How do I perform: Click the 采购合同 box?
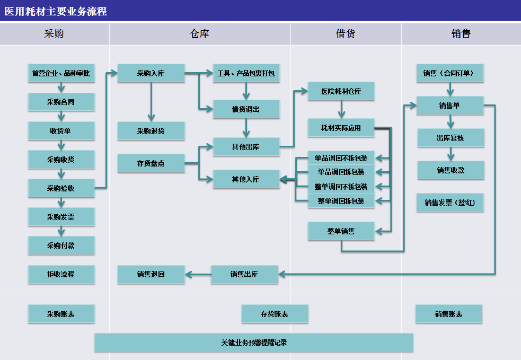point(61,102)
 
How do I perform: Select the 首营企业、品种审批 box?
point(61,73)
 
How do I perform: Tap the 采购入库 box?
point(151,73)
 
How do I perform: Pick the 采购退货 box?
point(151,130)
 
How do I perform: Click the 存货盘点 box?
point(151,163)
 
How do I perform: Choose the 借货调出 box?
point(246,109)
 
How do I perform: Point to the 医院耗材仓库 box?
point(341,91)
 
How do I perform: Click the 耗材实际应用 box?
point(341,128)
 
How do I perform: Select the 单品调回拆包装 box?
point(341,172)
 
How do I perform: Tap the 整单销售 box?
point(341,231)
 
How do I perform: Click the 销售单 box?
point(450,106)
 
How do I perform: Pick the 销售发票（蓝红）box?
point(450,203)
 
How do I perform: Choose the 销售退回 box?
point(151,274)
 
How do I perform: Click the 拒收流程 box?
point(61,274)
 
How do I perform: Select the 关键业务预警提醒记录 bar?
point(254,343)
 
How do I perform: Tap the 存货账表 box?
point(275,314)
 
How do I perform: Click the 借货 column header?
point(346,33)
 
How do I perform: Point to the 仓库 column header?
point(199,33)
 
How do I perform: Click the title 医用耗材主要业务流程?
point(56,11)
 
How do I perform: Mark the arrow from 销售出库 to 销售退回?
point(198,274)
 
